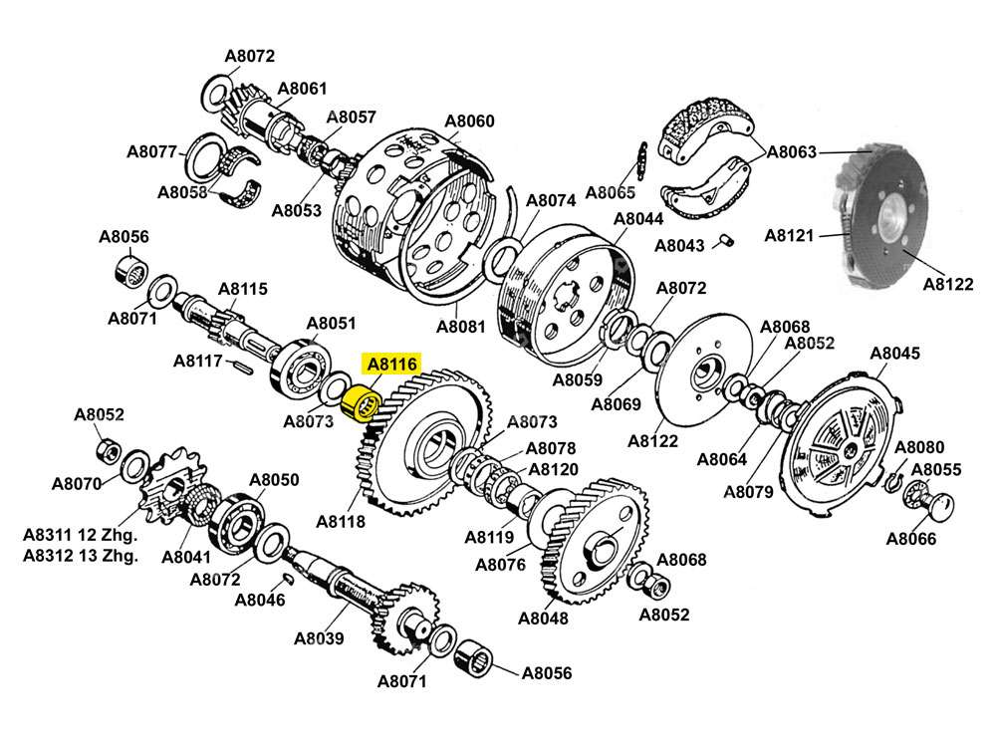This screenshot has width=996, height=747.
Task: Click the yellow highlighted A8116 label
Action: tap(393, 366)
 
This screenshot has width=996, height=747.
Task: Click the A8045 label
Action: tap(894, 354)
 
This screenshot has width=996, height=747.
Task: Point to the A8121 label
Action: tap(790, 236)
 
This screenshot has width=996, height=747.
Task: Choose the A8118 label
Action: tap(341, 521)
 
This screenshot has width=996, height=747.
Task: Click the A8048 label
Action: tap(543, 618)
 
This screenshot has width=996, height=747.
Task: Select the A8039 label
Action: tap(319, 638)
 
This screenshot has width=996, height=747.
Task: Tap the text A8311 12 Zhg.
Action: tap(81, 535)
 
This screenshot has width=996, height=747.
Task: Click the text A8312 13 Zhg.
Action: tap(81, 556)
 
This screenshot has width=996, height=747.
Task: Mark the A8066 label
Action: tap(912, 540)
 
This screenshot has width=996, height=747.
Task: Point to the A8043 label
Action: tap(680, 245)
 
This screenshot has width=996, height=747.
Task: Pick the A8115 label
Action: tap(243, 290)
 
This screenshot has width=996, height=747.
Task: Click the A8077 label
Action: tap(151, 152)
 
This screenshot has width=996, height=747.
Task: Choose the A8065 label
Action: tap(611, 191)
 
